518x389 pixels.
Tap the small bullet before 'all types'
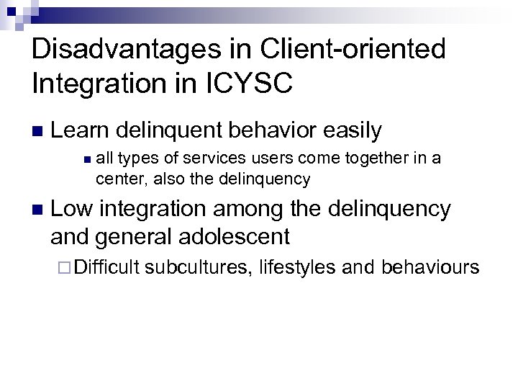86,159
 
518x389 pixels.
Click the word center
117,178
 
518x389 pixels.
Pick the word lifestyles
297,268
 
